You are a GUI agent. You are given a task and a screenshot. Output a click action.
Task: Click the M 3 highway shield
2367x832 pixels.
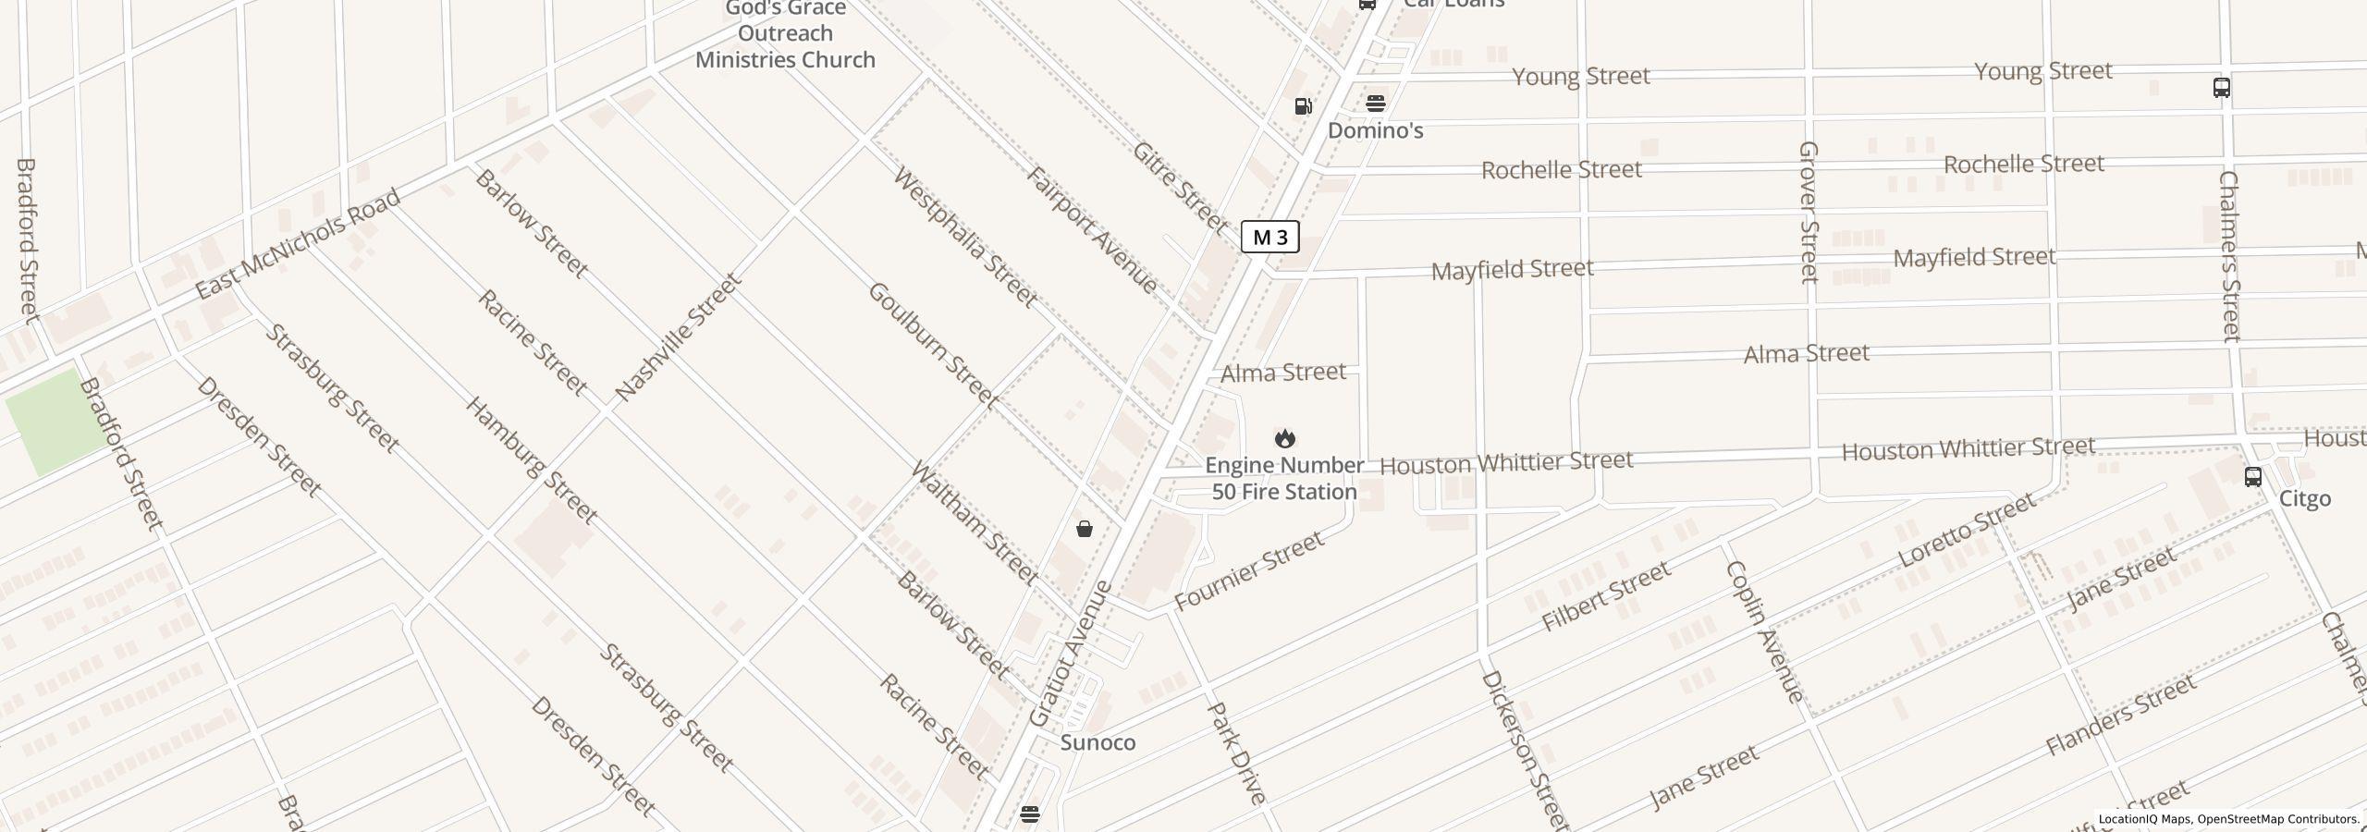1269,238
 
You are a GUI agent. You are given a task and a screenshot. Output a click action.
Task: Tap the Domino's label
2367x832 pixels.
1375,130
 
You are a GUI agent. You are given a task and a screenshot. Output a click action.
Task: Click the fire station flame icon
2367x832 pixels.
1284,437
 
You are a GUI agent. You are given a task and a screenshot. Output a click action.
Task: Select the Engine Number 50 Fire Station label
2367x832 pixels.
1284,479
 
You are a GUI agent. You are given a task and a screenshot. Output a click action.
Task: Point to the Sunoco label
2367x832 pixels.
1098,742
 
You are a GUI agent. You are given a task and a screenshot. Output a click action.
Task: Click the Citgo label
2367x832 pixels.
2304,499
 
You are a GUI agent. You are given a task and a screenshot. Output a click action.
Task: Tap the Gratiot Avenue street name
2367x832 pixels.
1070,654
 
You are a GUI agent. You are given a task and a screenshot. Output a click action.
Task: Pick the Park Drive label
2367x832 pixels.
1236,753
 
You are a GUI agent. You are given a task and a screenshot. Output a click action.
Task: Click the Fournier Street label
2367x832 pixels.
1248,572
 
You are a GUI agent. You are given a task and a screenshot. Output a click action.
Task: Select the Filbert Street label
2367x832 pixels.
1606,596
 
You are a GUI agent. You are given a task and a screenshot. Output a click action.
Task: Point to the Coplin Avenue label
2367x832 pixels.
1764,632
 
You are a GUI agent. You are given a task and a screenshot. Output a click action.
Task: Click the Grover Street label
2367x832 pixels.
1809,212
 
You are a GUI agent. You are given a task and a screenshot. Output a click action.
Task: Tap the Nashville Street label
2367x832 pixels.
678,337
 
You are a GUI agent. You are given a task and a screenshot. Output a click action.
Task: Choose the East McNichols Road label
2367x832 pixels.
298,244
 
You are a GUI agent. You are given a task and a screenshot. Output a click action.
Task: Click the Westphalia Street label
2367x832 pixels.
964,238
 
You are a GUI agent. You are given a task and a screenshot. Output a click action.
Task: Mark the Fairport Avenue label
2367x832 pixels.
1092,230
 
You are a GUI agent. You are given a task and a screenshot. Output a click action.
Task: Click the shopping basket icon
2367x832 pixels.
1085,529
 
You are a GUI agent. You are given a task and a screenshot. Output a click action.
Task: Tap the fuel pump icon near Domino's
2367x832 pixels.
1304,106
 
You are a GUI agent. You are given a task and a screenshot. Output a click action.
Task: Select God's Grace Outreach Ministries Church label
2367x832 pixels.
785,34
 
